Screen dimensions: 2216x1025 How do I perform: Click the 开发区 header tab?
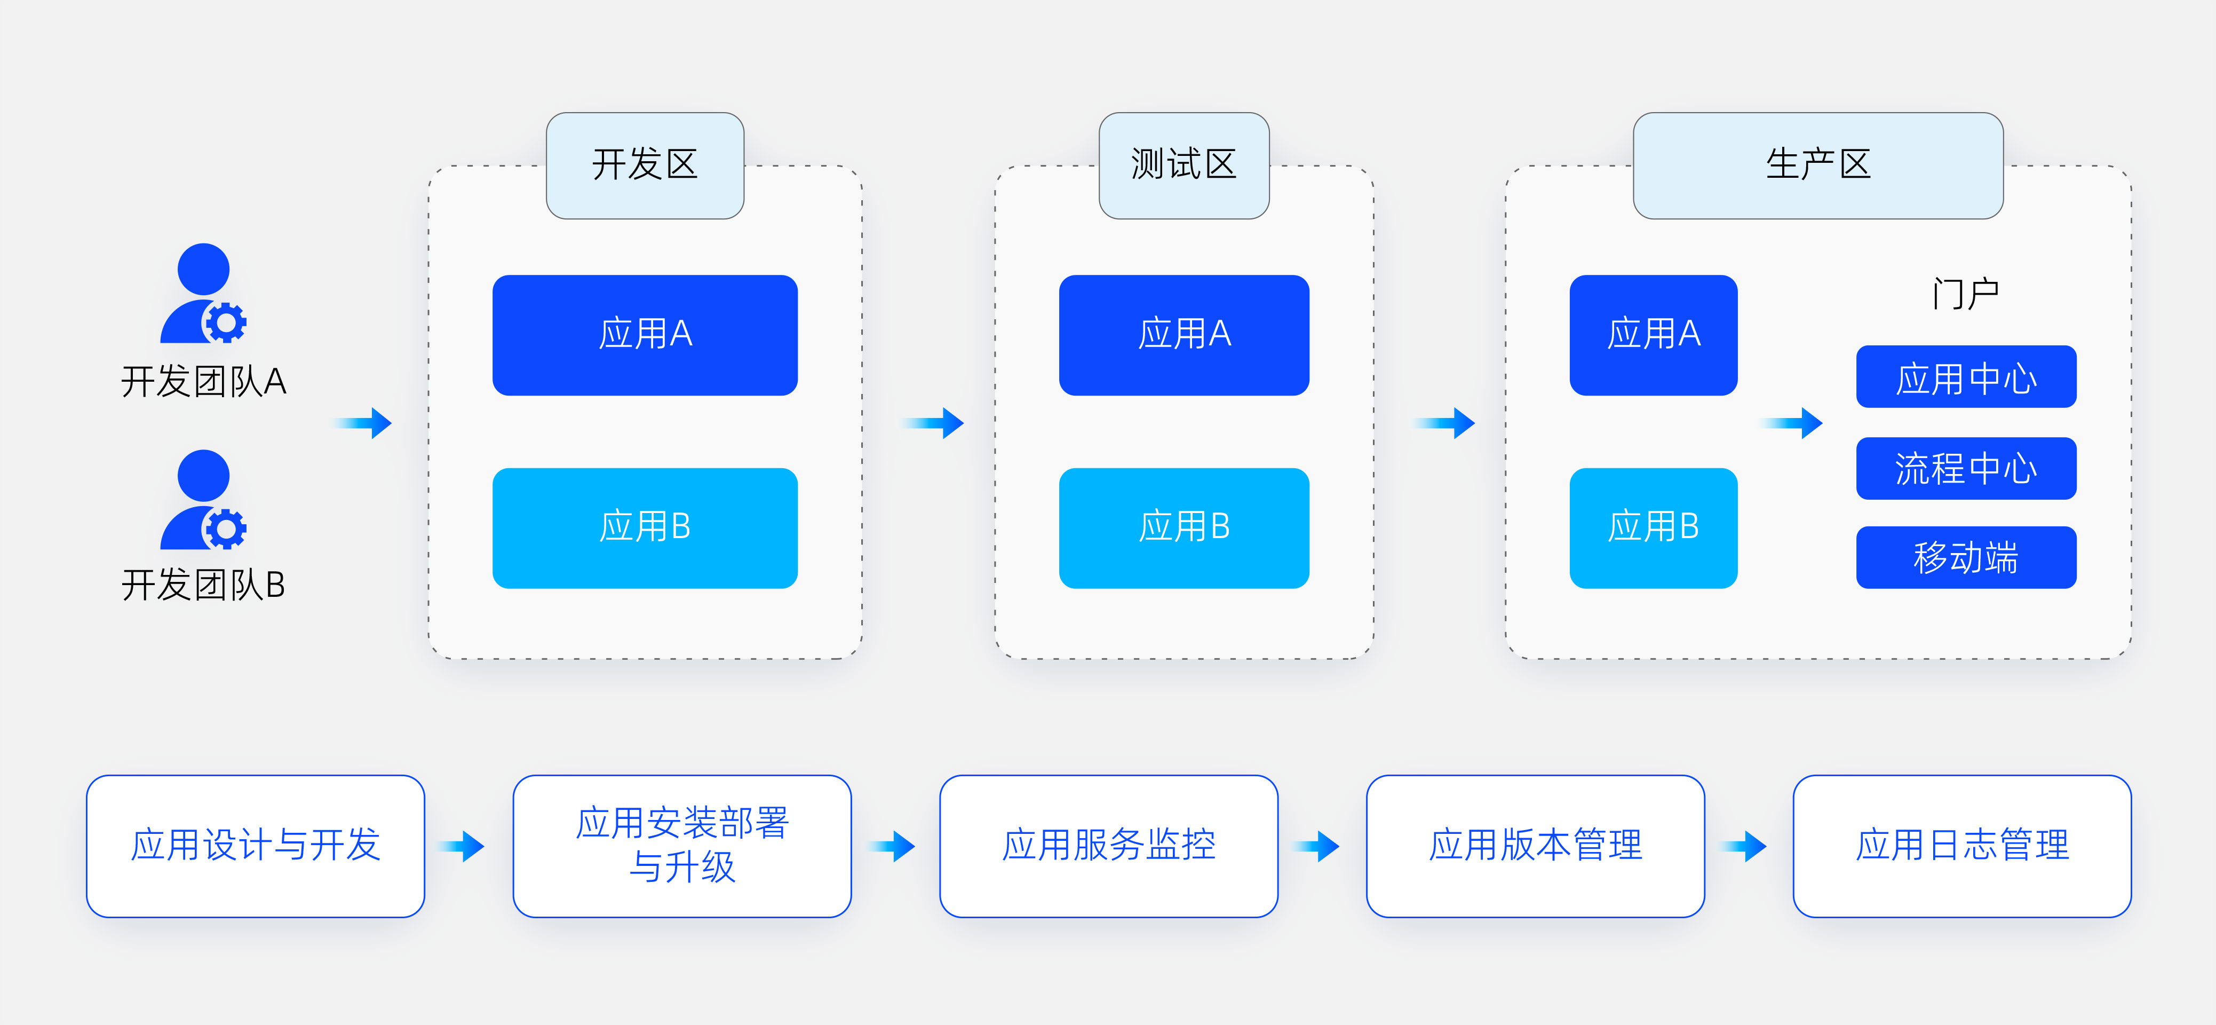(645, 165)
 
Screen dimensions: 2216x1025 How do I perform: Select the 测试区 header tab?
(1184, 165)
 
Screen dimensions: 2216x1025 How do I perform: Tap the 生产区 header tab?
(1818, 165)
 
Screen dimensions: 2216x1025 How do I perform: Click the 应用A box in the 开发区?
(645, 335)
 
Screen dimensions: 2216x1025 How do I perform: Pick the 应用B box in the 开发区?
(645, 527)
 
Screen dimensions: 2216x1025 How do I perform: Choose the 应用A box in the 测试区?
(1184, 335)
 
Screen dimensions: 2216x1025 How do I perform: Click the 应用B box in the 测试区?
(1184, 527)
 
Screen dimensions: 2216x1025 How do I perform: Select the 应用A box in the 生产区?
(1654, 335)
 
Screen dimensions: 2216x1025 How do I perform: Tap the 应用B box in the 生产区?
(1654, 527)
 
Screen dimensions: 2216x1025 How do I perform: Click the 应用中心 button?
(1966, 376)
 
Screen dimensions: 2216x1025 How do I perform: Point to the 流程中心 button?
(1966, 468)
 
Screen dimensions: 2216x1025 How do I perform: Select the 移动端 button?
(1966, 557)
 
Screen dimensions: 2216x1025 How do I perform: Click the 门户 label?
(1966, 294)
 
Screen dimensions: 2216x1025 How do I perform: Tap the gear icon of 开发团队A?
(225, 323)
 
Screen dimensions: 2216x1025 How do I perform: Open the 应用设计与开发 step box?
(256, 846)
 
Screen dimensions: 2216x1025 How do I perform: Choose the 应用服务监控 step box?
(1109, 846)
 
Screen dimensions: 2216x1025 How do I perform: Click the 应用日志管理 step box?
(1962, 846)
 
